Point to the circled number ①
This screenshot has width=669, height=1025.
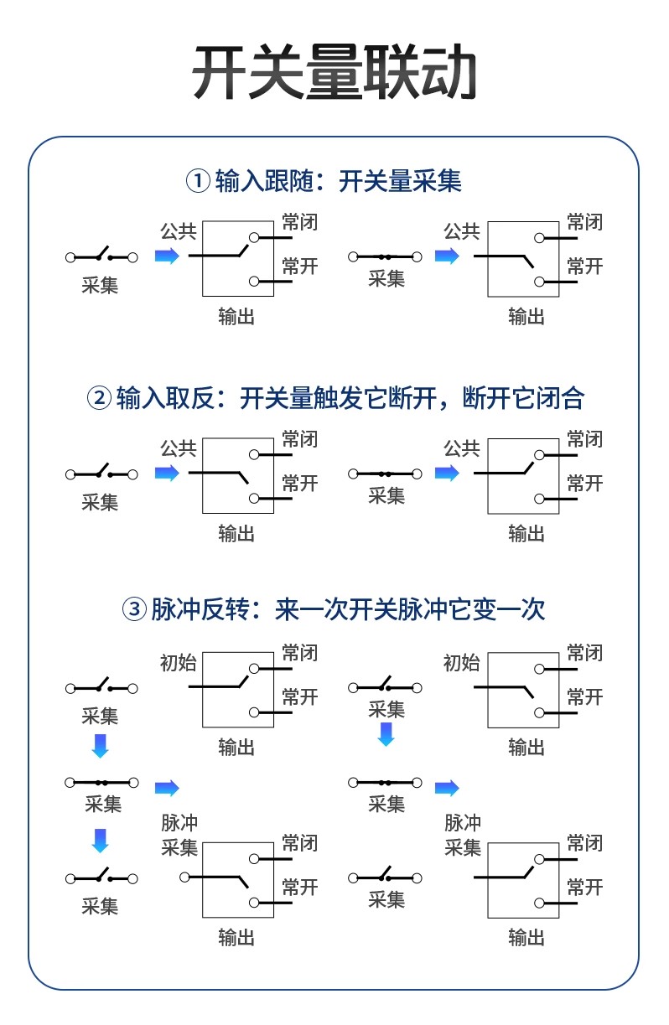click(x=198, y=180)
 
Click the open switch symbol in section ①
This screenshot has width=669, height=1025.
click(x=101, y=256)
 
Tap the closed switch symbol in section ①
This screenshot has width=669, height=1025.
click(x=386, y=256)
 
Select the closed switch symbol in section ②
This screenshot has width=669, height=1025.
click(x=386, y=474)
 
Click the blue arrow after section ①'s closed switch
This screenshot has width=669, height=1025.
click(x=447, y=256)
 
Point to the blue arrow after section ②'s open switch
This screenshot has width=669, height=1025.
click(x=167, y=474)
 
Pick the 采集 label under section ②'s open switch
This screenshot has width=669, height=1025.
click(x=100, y=502)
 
